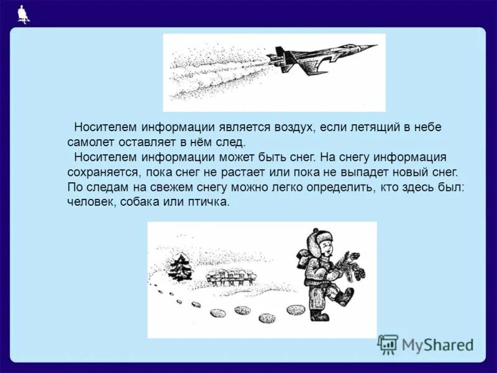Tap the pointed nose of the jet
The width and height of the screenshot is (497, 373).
pos(374,45)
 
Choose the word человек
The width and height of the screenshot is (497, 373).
pos(88,202)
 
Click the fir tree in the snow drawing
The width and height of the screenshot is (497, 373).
pos(181,267)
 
